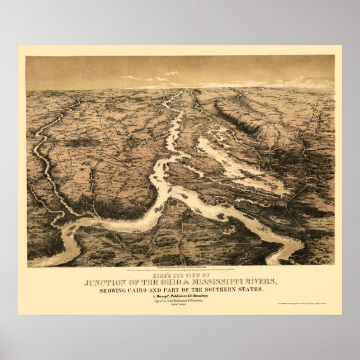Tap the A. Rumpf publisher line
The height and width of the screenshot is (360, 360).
(180, 297)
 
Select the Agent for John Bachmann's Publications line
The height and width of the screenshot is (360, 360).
(180, 302)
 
